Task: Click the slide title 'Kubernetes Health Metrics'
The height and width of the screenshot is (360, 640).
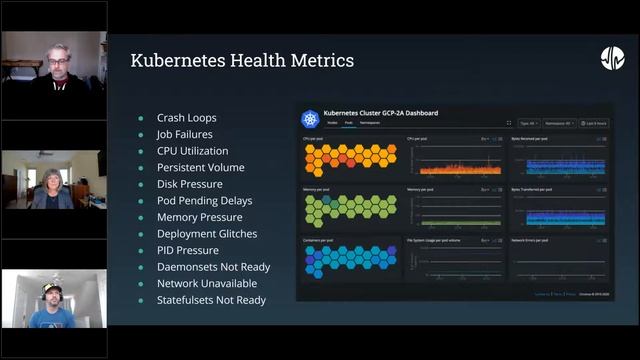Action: [x=242, y=61]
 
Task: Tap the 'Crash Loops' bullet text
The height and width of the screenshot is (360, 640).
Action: [x=186, y=118]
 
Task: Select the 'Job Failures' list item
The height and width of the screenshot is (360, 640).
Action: [x=186, y=134]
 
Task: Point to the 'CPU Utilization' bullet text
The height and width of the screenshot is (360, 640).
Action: [x=192, y=151]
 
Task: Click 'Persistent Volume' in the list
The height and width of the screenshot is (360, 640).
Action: [x=200, y=167]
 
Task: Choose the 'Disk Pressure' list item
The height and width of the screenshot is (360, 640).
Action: [x=190, y=184]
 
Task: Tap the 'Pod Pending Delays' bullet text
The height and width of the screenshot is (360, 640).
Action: [x=204, y=200]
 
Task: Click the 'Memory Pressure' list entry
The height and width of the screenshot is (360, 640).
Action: [x=199, y=217]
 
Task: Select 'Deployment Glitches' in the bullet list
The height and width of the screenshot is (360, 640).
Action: [x=207, y=233]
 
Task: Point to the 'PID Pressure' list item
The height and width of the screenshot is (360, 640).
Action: [x=187, y=250]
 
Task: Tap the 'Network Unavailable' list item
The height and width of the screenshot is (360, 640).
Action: [x=206, y=283]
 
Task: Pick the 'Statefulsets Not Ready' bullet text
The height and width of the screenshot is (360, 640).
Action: [x=211, y=300]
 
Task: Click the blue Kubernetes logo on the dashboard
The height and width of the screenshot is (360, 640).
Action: [x=310, y=119]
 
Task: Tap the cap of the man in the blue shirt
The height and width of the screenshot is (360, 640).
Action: [x=53, y=283]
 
